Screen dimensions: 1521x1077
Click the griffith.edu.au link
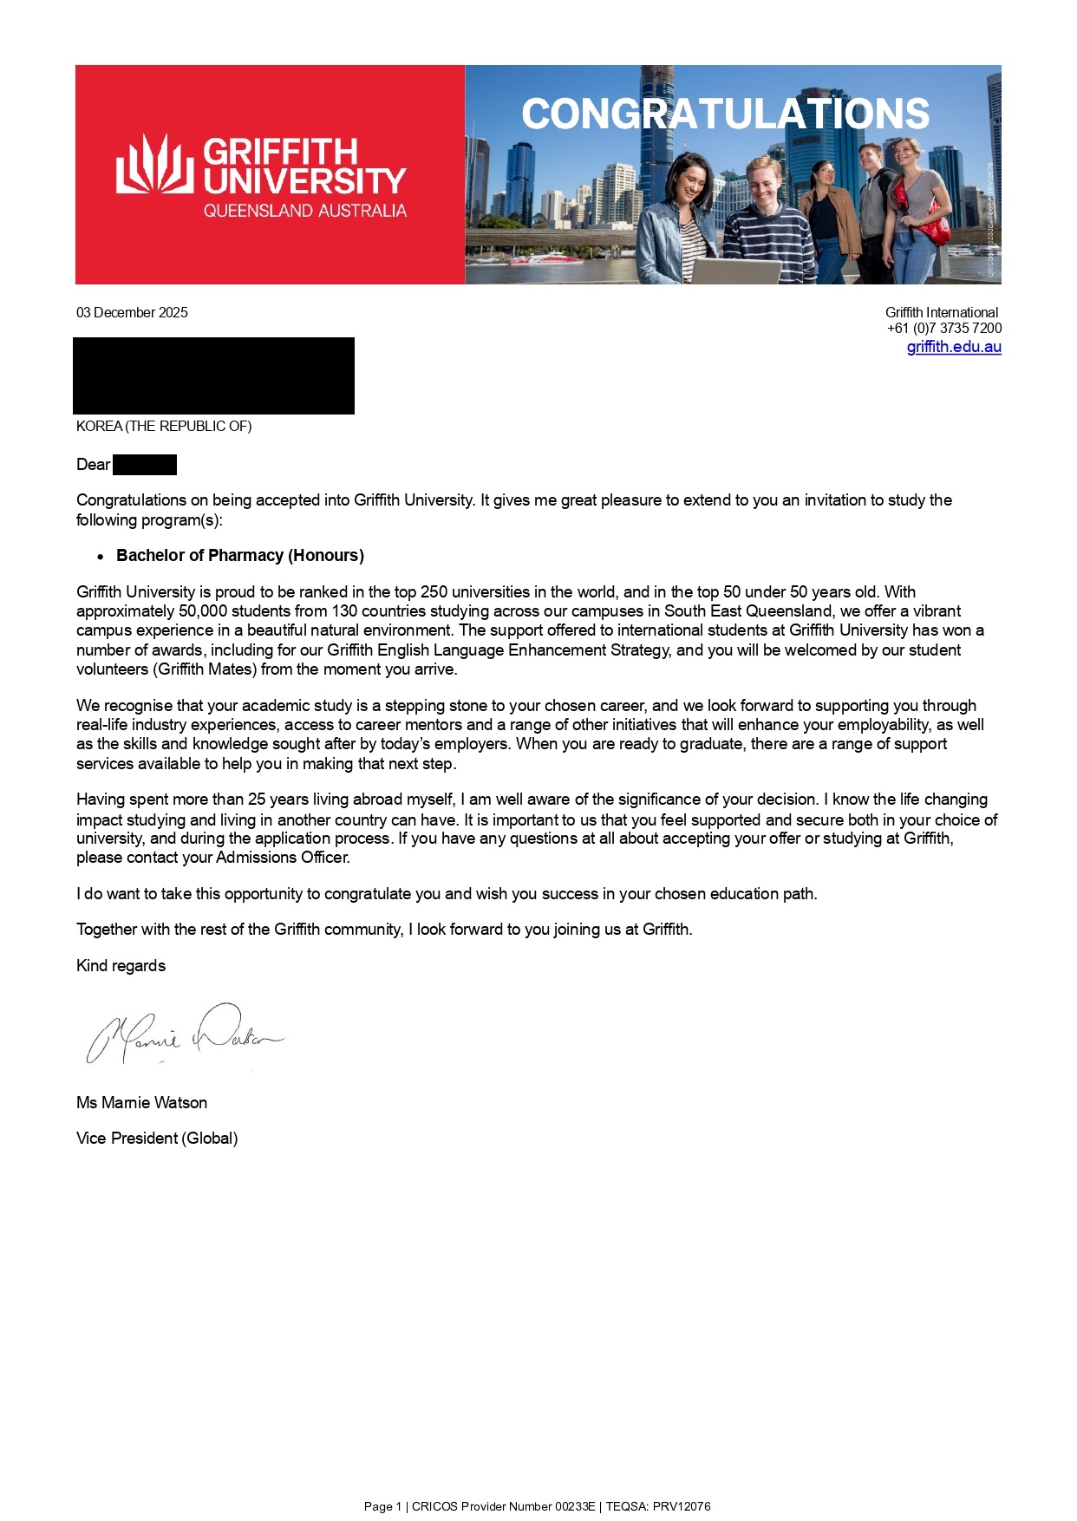tap(954, 347)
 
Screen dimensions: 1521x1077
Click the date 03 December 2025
tap(132, 312)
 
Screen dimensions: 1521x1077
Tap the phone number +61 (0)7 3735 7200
tap(944, 328)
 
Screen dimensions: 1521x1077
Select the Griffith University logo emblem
tap(154, 164)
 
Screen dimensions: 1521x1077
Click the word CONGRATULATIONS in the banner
tap(725, 114)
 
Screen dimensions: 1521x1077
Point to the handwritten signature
tap(184, 1034)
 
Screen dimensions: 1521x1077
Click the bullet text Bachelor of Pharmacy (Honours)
tap(240, 555)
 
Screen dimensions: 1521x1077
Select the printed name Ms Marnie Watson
tap(142, 1102)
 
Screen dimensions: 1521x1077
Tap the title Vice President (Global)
tap(157, 1138)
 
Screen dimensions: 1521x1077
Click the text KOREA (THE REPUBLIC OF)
tap(164, 426)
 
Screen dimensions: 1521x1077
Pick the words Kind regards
tap(121, 965)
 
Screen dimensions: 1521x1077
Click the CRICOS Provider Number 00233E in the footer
tap(504, 1506)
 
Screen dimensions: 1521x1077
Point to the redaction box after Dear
tap(145, 465)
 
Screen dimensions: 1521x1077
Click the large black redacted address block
tap(213, 375)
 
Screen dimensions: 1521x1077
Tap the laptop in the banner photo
tap(735, 271)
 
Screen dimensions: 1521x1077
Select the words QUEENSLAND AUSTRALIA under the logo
tap(305, 211)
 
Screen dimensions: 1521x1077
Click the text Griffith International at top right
tap(942, 312)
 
